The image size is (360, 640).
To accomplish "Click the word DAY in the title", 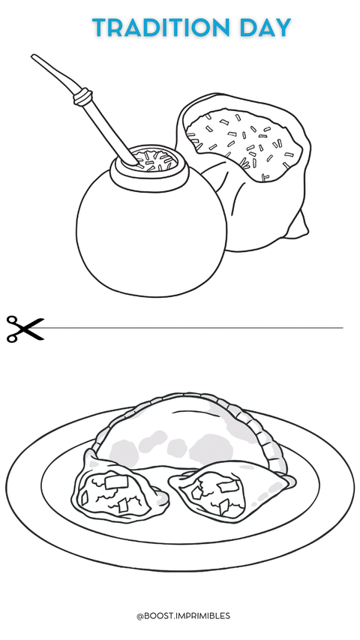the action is tap(265, 28).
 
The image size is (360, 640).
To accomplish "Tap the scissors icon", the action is tap(25, 329).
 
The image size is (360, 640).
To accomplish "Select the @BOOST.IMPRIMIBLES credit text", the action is tap(183, 615).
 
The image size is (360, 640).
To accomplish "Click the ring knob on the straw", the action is tap(82, 97).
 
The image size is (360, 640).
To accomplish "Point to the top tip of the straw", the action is tap(33, 56).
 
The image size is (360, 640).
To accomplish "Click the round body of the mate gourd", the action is tap(151, 237).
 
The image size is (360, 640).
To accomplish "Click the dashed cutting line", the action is tap(193, 328).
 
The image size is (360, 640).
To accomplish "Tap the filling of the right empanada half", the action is tap(215, 493).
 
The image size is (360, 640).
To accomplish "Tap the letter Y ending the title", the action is tap(283, 28).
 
